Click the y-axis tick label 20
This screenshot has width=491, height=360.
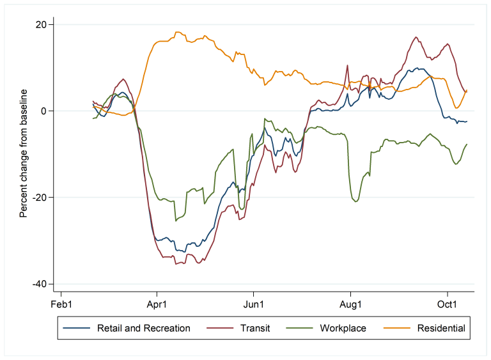(42, 25)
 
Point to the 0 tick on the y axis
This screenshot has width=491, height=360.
(44, 111)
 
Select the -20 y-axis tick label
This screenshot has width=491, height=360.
(40, 198)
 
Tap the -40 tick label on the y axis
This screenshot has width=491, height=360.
(40, 284)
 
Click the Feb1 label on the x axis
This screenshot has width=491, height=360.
(61, 304)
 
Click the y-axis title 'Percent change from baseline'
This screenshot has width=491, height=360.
(24, 153)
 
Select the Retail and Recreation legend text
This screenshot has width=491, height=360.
(144, 329)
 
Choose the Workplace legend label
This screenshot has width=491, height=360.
(343, 329)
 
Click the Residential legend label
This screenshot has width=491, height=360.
(441, 329)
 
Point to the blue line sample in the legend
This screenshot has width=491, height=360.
(77, 329)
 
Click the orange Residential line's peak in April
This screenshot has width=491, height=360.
(178, 32)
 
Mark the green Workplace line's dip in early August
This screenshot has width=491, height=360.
(355, 201)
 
